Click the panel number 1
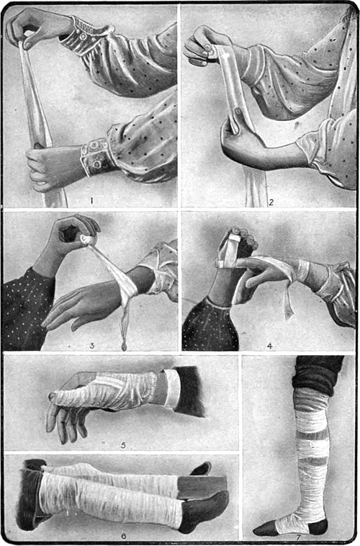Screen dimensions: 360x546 pos(91,200)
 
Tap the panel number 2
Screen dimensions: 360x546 pos(271,202)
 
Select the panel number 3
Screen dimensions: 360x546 pos(92,346)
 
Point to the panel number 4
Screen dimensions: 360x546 pos(270,346)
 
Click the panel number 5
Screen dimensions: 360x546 pos(123,445)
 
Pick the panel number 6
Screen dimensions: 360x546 pos(124,536)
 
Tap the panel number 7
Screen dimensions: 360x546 pos(298,537)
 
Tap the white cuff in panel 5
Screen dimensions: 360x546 pos(172,388)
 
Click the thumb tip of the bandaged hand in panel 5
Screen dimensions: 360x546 pos(52,395)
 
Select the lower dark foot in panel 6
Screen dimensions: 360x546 pos(204,509)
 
